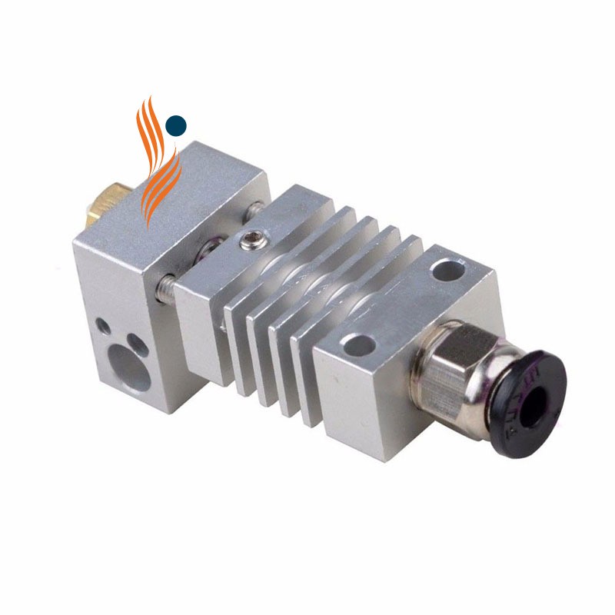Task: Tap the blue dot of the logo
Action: coord(176,125)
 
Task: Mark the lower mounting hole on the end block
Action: coord(355,344)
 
